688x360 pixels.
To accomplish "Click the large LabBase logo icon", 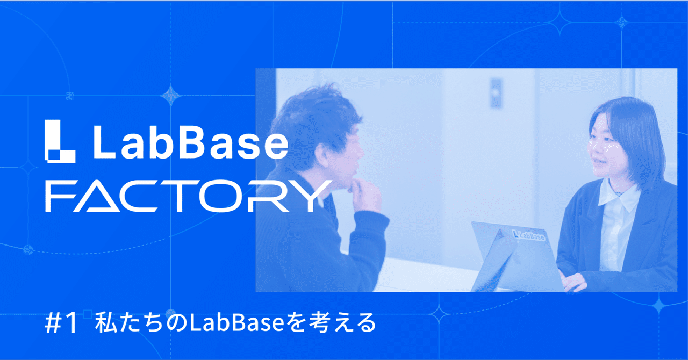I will coord(60,141).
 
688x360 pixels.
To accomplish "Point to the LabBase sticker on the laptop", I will coord(529,235).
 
